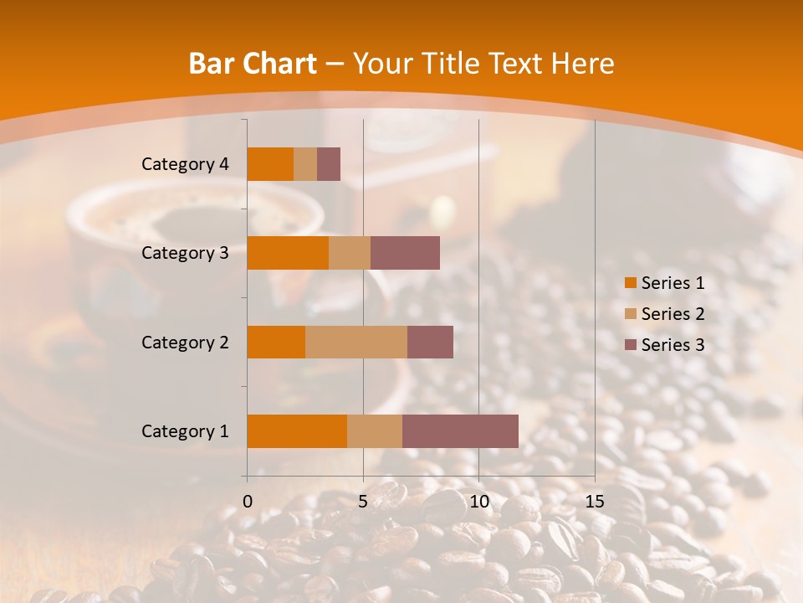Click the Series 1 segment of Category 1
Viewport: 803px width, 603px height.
click(x=297, y=430)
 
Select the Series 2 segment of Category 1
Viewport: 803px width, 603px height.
click(x=375, y=430)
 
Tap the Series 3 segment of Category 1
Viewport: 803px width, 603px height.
click(x=460, y=430)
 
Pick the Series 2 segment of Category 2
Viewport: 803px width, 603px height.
click(x=356, y=342)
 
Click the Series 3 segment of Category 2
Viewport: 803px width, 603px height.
click(x=430, y=342)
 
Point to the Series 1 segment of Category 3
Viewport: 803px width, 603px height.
click(x=288, y=253)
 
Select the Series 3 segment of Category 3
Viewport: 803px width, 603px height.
click(x=405, y=253)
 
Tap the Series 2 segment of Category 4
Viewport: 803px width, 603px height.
click(x=305, y=164)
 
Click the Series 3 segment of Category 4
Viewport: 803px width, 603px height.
click(x=329, y=164)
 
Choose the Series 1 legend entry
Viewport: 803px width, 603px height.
click(x=665, y=283)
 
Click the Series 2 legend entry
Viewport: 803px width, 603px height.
click(x=665, y=314)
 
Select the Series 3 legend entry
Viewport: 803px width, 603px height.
click(x=665, y=345)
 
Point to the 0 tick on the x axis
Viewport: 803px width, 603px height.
click(x=248, y=502)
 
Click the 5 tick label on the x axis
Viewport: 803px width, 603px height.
click(x=363, y=502)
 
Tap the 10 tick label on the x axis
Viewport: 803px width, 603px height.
click(x=478, y=502)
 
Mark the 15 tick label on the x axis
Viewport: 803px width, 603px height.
click(x=594, y=502)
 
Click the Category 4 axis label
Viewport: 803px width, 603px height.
click(x=185, y=164)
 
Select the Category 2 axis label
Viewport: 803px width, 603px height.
click(x=185, y=342)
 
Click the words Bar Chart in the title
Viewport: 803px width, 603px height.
click(x=253, y=64)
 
